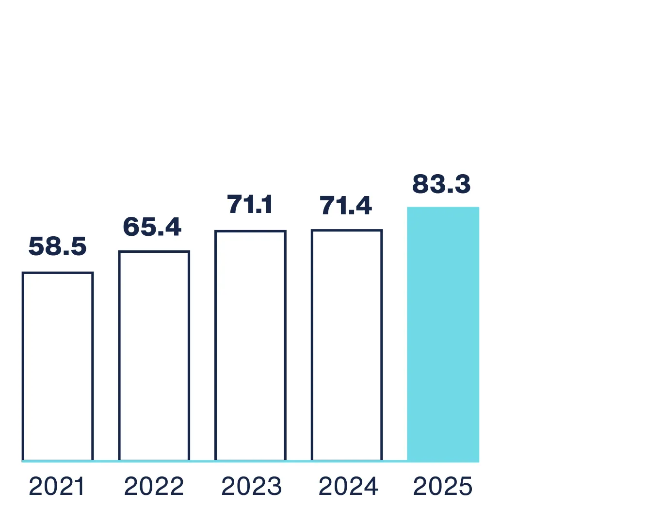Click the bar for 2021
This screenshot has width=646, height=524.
[58, 366]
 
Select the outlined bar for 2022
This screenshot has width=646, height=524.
[154, 356]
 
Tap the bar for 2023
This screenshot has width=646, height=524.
[250, 345]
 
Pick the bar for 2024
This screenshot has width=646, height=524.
[347, 345]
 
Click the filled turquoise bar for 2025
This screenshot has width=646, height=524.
[443, 334]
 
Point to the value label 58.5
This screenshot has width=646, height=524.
[58, 246]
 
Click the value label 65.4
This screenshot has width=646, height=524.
[152, 227]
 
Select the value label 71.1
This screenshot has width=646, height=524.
[250, 204]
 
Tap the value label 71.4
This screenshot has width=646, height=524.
[346, 206]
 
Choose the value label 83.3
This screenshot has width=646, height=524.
[441, 184]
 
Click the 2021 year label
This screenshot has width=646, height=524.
[57, 487]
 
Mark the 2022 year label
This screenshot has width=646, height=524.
[154, 487]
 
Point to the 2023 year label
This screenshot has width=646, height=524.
[251, 487]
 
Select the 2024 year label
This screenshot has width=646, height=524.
[348, 487]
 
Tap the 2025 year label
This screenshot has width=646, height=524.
[442, 487]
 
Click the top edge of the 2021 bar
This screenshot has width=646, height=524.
[58, 273]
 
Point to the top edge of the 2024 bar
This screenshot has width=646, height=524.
[347, 230]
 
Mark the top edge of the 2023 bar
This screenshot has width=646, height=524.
[250, 231]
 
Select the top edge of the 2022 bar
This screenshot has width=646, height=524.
[154, 252]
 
